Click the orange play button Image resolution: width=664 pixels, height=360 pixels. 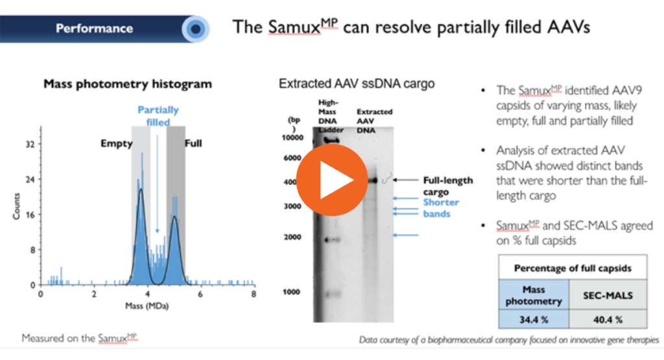[331, 180]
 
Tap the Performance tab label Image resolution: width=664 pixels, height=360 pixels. [94, 29]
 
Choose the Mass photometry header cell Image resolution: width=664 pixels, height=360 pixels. [534, 295]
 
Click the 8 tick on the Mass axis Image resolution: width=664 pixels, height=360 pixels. [254, 294]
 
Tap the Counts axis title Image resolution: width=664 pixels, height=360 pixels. [18, 215]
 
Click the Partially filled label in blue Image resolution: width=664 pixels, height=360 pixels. [158, 116]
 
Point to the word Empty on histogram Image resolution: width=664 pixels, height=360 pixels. [116, 143]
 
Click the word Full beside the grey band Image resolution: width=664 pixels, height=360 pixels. [194, 143]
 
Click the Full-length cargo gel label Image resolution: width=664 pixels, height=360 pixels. [447, 186]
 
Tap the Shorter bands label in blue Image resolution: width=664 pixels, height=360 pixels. [441, 208]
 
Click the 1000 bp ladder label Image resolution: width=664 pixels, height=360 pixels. [293, 292]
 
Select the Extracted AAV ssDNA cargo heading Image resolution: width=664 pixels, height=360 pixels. [357, 84]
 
